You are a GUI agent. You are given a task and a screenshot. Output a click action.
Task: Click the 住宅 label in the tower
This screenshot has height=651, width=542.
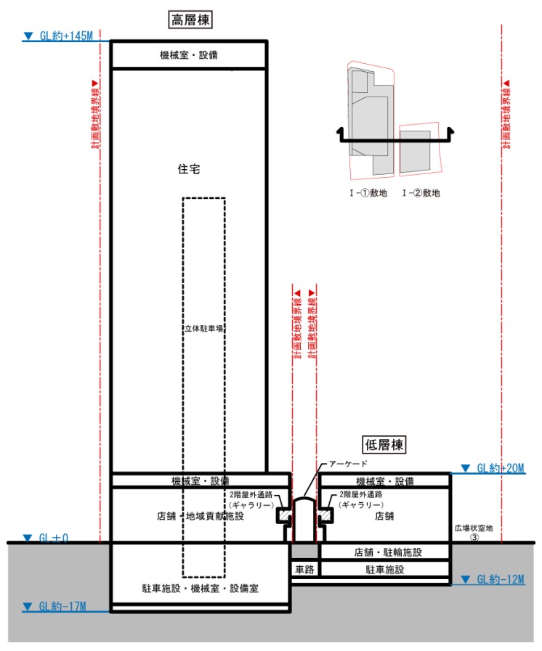188,169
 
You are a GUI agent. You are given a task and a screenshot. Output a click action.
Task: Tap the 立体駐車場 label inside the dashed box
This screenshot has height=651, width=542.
203,328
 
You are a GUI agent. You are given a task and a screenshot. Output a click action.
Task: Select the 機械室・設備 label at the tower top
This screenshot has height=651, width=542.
189,55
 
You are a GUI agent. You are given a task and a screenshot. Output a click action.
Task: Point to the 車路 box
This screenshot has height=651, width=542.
303,570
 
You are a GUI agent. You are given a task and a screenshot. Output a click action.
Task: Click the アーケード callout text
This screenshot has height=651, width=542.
349,464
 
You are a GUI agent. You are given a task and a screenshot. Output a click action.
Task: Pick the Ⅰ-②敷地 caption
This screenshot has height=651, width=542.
421,193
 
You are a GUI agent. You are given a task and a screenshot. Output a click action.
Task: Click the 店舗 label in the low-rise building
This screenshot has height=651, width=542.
384,517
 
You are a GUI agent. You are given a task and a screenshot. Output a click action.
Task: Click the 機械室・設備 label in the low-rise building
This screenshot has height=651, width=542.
384,481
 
